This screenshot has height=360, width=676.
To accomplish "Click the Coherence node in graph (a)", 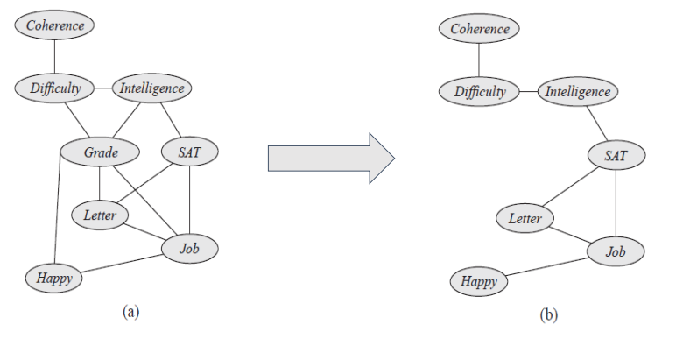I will (55, 25).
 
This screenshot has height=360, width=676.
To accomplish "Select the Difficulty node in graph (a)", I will (54, 88).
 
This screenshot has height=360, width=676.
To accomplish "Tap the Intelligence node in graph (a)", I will (151, 88).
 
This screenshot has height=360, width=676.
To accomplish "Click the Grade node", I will (101, 153).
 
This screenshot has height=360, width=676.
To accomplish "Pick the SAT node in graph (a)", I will (190, 153).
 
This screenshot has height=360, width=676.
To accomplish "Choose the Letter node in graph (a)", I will (100, 214).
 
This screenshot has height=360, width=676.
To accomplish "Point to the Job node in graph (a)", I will (190, 249).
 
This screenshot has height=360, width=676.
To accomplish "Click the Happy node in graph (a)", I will (53, 279).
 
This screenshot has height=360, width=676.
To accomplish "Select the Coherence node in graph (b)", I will (480, 29).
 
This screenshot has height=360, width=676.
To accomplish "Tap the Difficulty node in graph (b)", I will (480, 91).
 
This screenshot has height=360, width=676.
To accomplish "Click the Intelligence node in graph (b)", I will (577, 91).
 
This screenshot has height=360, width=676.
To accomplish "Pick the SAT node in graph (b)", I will (616, 156).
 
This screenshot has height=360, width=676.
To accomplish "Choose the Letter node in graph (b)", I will (525, 218).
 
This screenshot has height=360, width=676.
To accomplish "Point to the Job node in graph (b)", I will (616, 252).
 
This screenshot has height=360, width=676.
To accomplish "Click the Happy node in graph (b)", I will (479, 281).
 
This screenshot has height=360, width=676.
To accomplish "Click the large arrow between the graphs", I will (330, 159).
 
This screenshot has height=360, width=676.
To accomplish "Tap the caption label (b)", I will (548, 314).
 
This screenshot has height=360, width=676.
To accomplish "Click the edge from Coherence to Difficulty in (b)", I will (480, 60).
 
